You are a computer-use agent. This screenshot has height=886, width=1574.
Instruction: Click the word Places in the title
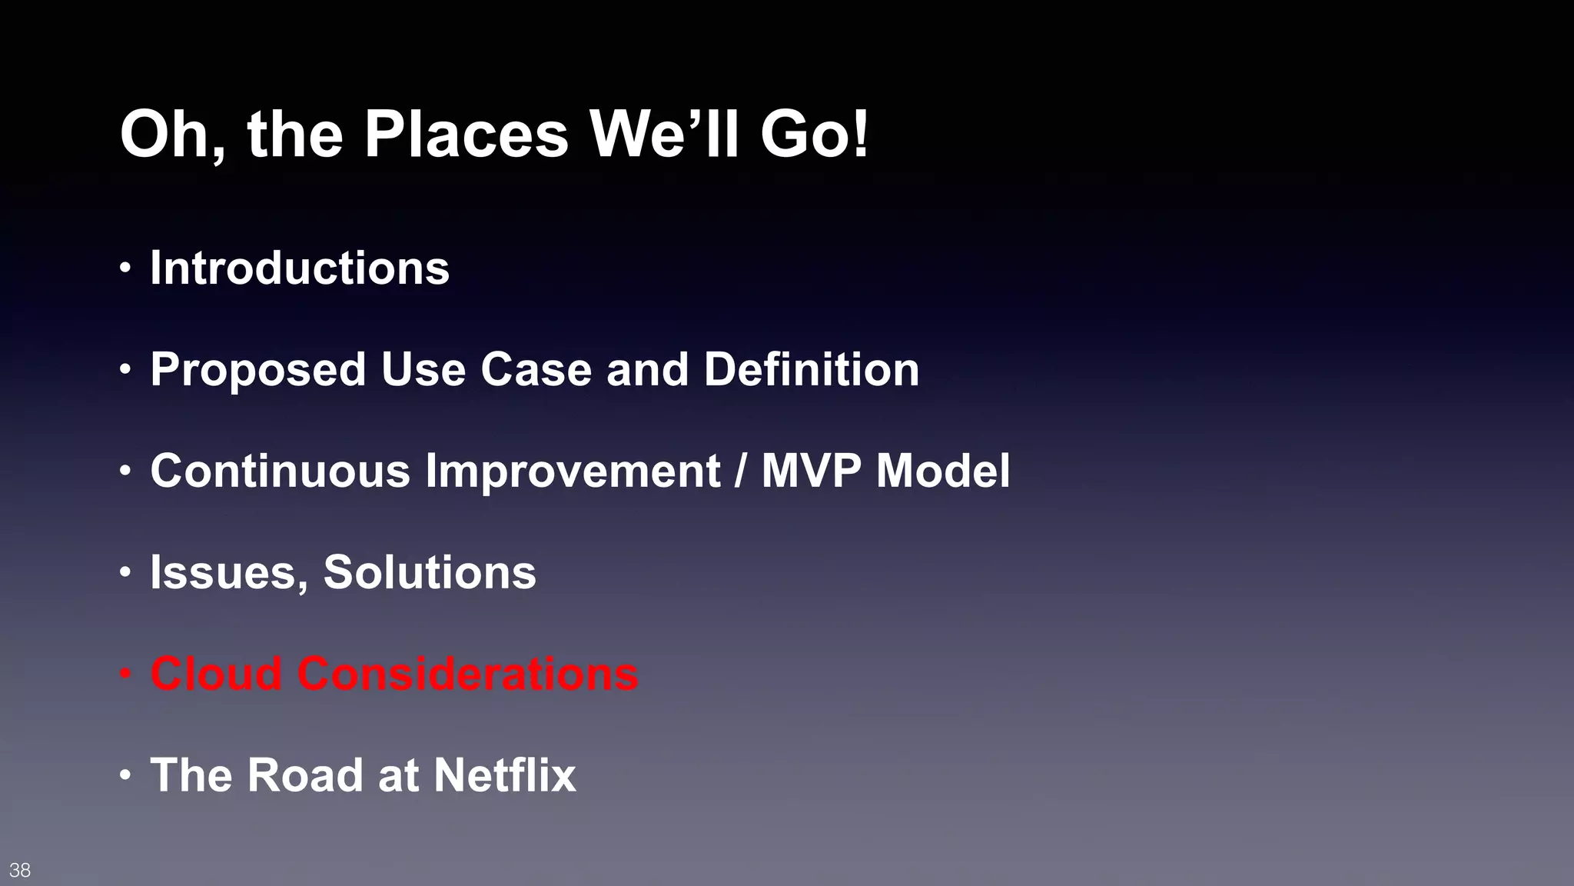coord(466,135)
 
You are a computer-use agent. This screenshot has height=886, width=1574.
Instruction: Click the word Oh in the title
coord(169,135)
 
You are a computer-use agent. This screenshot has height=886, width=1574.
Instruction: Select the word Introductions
coord(299,268)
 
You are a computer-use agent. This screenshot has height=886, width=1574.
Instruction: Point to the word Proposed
coord(257,370)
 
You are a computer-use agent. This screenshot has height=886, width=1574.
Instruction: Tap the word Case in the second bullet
coord(536,370)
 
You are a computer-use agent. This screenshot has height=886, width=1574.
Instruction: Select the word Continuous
coord(280,471)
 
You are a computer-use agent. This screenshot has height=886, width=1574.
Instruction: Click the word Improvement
coord(573,471)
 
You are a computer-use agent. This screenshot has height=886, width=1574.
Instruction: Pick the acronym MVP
coord(811,471)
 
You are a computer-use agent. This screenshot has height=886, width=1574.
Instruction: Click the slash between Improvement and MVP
coord(740,471)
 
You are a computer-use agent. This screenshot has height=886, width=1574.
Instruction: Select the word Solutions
coord(430,573)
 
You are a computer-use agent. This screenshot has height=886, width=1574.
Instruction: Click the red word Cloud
coord(216,674)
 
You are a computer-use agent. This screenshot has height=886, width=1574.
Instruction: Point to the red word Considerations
coord(468,674)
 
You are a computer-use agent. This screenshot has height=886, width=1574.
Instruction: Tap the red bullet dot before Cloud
coord(125,674)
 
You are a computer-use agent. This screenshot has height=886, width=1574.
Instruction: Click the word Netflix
coord(504,775)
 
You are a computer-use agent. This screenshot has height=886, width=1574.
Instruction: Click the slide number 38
coord(20,870)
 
